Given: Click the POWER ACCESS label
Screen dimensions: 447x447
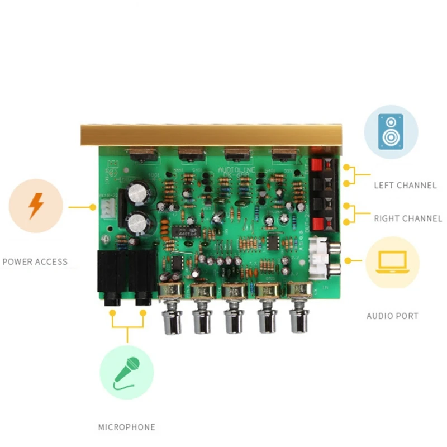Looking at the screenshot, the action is [35, 261].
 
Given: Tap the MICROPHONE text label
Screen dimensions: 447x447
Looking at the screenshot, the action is [127, 427].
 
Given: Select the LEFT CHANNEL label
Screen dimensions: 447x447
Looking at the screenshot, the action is [405, 185].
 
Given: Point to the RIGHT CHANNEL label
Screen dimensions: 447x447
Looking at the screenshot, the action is [408, 218].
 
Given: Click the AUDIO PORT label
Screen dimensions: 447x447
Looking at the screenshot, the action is [392, 316].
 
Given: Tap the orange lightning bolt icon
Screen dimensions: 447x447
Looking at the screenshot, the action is [36, 206].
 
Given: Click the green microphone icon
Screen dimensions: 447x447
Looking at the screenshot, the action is [127, 373].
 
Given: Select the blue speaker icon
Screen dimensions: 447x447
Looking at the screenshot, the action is [391, 131].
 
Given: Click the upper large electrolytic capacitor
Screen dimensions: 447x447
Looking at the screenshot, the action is [137, 194].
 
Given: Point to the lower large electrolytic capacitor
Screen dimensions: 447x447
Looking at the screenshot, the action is [138, 223].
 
